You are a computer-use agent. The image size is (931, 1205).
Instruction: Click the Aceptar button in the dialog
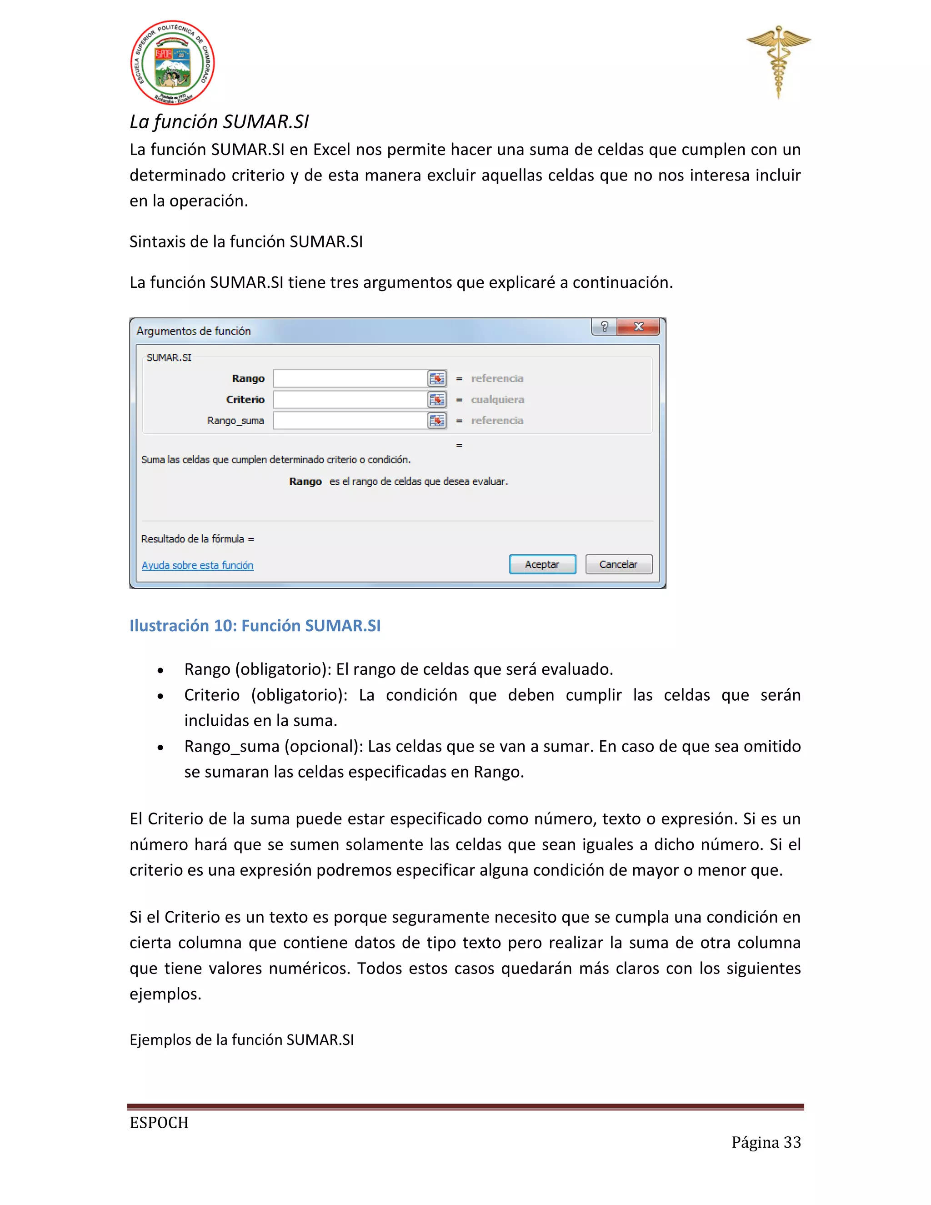pyautogui.click(x=542, y=564)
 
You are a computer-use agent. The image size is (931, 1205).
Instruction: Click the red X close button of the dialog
pyautogui.click(x=638, y=326)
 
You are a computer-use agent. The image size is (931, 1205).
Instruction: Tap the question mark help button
pyautogui.click(x=605, y=326)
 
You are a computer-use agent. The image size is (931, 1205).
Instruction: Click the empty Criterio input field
pyautogui.click(x=350, y=399)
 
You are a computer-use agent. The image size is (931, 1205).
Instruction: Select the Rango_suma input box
pyautogui.click(x=350, y=421)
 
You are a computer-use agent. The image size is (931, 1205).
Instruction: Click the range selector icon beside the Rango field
pyautogui.click(x=437, y=378)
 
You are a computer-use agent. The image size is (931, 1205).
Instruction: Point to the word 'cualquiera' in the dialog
pyautogui.click(x=497, y=399)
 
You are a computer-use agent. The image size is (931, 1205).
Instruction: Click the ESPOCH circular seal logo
pyautogui.click(x=173, y=63)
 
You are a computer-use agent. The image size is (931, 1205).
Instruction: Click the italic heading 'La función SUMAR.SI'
pyautogui.click(x=219, y=121)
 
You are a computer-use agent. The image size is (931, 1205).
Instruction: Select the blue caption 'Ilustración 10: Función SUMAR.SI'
pyautogui.click(x=255, y=625)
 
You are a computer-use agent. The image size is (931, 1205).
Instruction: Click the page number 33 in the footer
pyautogui.click(x=792, y=1142)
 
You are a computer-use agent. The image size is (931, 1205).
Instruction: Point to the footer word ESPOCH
pyautogui.click(x=159, y=1122)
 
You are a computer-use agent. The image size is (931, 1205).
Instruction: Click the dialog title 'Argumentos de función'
pyautogui.click(x=194, y=331)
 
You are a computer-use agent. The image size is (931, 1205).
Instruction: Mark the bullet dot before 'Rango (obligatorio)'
pyautogui.click(x=160, y=670)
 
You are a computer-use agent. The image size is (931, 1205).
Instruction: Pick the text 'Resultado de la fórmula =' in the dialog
pyautogui.click(x=197, y=538)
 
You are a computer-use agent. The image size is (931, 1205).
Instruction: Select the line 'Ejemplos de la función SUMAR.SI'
pyautogui.click(x=241, y=1039)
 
